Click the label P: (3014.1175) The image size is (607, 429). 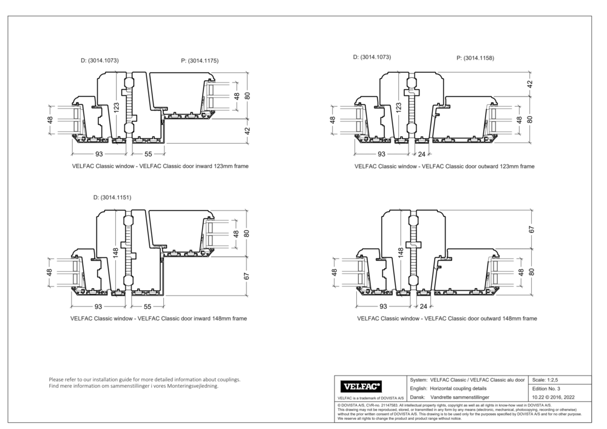coord(200,61)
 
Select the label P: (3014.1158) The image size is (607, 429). coord(475,59)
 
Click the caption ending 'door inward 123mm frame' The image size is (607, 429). coord(160,166)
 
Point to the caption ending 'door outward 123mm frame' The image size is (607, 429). coord(444,166)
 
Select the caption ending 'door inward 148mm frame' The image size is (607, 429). coord(158,318)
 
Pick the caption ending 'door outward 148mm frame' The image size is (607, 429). coord(447,318)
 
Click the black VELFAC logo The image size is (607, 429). coord(362,386)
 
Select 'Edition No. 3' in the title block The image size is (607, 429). coord(546,388)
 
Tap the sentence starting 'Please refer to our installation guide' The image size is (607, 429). coord(144,379)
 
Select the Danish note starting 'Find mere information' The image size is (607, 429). coord(134,386)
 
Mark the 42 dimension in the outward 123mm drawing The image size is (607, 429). coord(529,84)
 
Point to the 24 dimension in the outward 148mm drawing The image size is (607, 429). coord(422,307)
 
